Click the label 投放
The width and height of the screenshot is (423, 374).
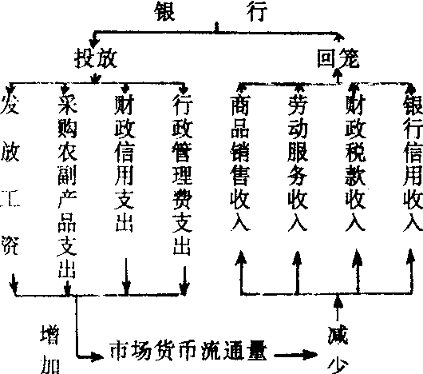pyautogui.click(x=96, y=58)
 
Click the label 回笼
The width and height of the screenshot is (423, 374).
pyautogui.click(x=338, y=58)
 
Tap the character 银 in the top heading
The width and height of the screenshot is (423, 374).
pyautogui.click(x=165, y=11)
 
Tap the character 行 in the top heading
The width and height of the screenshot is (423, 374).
pyautogui.click(x=257, y=11)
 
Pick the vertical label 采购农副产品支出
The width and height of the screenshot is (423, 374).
pyautogui.click(x=67, y=186)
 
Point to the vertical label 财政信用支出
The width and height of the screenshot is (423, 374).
pyautogui.click(x=124, y=163)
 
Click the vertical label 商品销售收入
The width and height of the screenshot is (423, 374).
pyautogui.click(x=240, y=163)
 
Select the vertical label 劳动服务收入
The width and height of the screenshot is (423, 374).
pyautogui.click(x=298, y=163)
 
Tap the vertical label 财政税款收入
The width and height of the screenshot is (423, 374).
pyautogui.click(x=355, y=163)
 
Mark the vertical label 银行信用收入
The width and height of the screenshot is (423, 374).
pyautogui.click(x=413, y=163)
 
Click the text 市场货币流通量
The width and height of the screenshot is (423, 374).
pyautogui.click(x=188, y=351)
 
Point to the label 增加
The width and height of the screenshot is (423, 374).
pyautogui.click(x=50, y=349)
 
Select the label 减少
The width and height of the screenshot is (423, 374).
pyautogui.click(x=338, y=349)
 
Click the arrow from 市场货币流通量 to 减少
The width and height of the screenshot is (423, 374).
pyautogui.click(x=295, y=354)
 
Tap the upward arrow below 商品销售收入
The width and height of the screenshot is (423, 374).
pyautogui.click(x=241, y=273)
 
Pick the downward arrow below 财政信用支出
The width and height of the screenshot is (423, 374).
pyautogui.click(x=126, y=277)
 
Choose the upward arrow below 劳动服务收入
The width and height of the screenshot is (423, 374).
pyautogui.click(x=297, y=273)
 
